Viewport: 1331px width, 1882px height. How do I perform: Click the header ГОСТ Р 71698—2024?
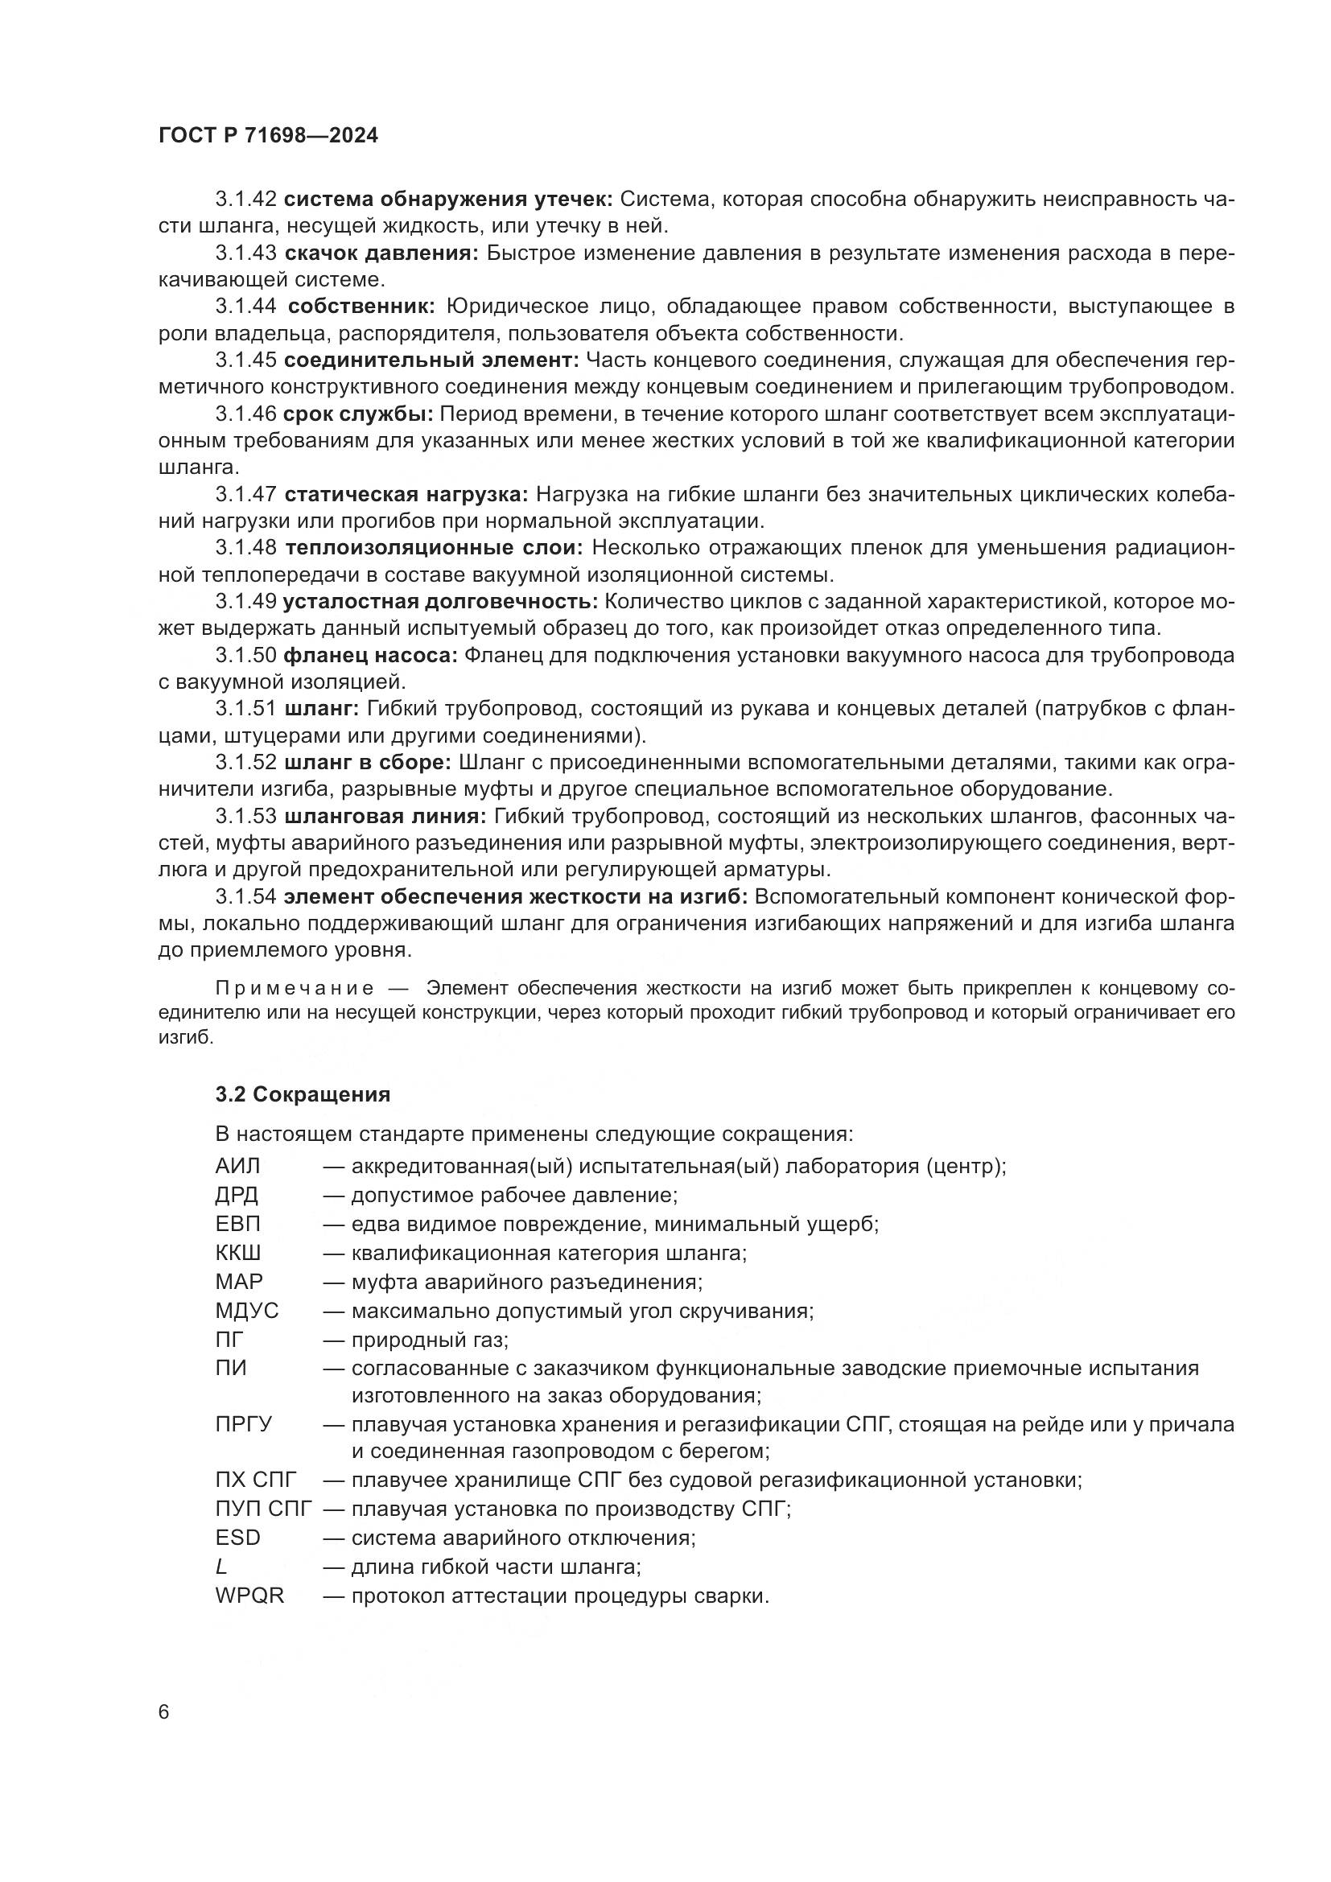pos(268,136)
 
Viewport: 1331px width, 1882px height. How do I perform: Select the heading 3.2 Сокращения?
pos(303,1094)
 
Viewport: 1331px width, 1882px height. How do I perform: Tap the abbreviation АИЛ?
pos(237,1166)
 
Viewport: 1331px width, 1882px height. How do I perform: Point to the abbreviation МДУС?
pos(247,1311)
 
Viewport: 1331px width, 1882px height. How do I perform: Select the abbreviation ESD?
pos(237,1538)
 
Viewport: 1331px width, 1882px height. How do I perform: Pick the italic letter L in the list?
pos(220,1567)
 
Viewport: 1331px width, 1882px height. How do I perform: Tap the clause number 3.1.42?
pos(246,199)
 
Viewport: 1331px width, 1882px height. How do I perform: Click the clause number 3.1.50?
pos(246,655)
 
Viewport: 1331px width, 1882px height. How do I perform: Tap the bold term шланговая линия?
pos(385,817)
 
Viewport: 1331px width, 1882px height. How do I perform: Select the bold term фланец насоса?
pos(369,655)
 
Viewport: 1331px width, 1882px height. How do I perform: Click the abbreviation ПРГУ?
pos(243,1425)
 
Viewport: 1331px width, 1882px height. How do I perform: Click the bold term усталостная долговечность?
pos(440,602)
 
